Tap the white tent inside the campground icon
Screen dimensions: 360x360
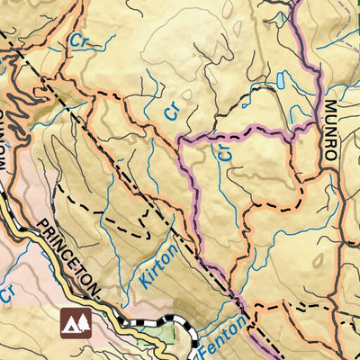click(x=69, y=325)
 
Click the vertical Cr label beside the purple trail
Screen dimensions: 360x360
click(x=226, y=154)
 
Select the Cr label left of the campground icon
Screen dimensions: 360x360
click(x=7, y=292)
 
